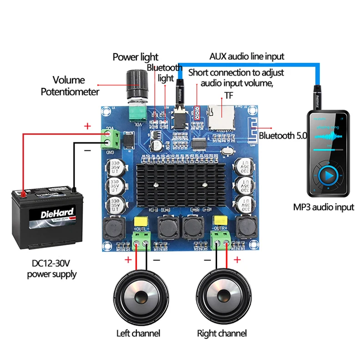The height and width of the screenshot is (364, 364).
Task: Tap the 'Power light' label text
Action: (x=136, y=57)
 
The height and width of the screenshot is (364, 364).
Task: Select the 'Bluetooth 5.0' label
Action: (x=283, y=135)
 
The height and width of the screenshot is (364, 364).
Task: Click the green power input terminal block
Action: (x=111, y=138)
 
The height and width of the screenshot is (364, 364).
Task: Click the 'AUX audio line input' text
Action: (x=247, y=56)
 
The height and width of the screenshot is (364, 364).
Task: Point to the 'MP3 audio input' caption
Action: (x=324, y=207)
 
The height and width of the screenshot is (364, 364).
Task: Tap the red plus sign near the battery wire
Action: (x=88, y=126)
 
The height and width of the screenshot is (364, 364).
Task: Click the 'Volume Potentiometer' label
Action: (x=70, y=86)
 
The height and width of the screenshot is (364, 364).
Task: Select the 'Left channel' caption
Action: (x=138, y=333)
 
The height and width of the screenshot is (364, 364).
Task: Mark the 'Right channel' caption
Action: (x=222, y=333)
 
